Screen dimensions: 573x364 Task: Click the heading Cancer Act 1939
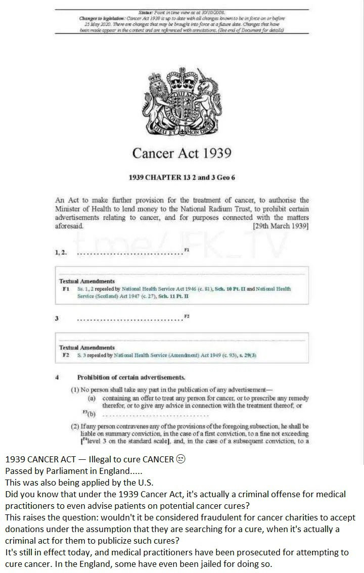[x=182, y=153]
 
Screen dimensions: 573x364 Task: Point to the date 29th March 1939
[x=281, y=226]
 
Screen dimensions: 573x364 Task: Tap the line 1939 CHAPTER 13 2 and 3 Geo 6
[x=182, y=178]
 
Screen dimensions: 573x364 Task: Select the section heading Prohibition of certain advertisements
[x=131, y=377]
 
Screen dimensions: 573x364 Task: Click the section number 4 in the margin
[x=57, y=377]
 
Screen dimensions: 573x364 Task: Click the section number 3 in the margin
[x=57, y=319]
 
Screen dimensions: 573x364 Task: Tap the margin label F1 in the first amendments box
[x=65, y=289]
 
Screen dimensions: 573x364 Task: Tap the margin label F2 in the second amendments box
[x=65, y=355]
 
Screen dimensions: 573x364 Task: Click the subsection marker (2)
[x=75, y=426]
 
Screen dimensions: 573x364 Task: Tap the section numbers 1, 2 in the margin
[x=60, y=252]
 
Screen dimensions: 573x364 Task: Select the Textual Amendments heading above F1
[x=87, y=281]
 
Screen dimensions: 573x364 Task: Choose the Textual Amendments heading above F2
[x=87, y=348]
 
